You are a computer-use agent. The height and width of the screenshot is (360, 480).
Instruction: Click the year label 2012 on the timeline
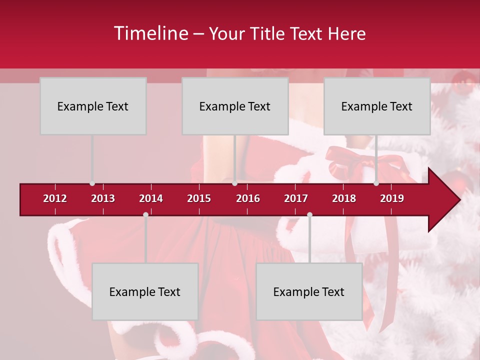[55, 198]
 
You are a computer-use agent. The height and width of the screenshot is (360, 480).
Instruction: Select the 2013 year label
[103, 198]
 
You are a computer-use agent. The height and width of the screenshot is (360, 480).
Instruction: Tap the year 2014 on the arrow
[151, 198]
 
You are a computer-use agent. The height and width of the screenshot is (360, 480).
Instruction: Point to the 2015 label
[199, 198]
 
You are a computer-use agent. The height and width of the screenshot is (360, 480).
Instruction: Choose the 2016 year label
[248, 198]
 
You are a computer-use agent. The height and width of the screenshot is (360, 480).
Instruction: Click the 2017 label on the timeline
[296, 198]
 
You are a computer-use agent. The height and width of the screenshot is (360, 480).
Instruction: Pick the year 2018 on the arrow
[344, 198]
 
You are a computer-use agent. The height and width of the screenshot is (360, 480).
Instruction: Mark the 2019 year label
[392, 198]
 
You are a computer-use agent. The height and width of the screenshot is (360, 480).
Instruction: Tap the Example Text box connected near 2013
[93, 106]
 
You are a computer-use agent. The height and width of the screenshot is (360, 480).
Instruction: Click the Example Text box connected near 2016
[235, 106]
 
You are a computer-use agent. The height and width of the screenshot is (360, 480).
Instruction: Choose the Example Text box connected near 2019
[377, 106]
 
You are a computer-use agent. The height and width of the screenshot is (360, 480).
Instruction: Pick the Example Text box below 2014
[145, 291]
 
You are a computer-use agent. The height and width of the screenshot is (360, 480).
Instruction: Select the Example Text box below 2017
[309, 291]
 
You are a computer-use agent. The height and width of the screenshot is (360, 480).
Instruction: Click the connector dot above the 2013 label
[92, 183]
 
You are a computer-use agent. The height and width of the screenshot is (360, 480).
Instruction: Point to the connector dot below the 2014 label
[145, 215]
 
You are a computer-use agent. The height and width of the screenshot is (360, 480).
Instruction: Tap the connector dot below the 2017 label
[309, 215]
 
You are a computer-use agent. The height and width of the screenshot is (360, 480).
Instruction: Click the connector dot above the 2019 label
[376, 183]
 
